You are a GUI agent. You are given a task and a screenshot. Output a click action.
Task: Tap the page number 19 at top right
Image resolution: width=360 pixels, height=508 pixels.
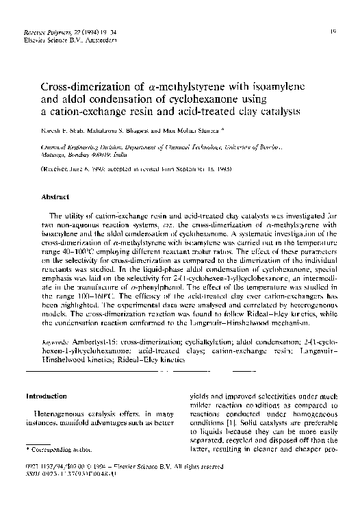click(331, 31)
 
